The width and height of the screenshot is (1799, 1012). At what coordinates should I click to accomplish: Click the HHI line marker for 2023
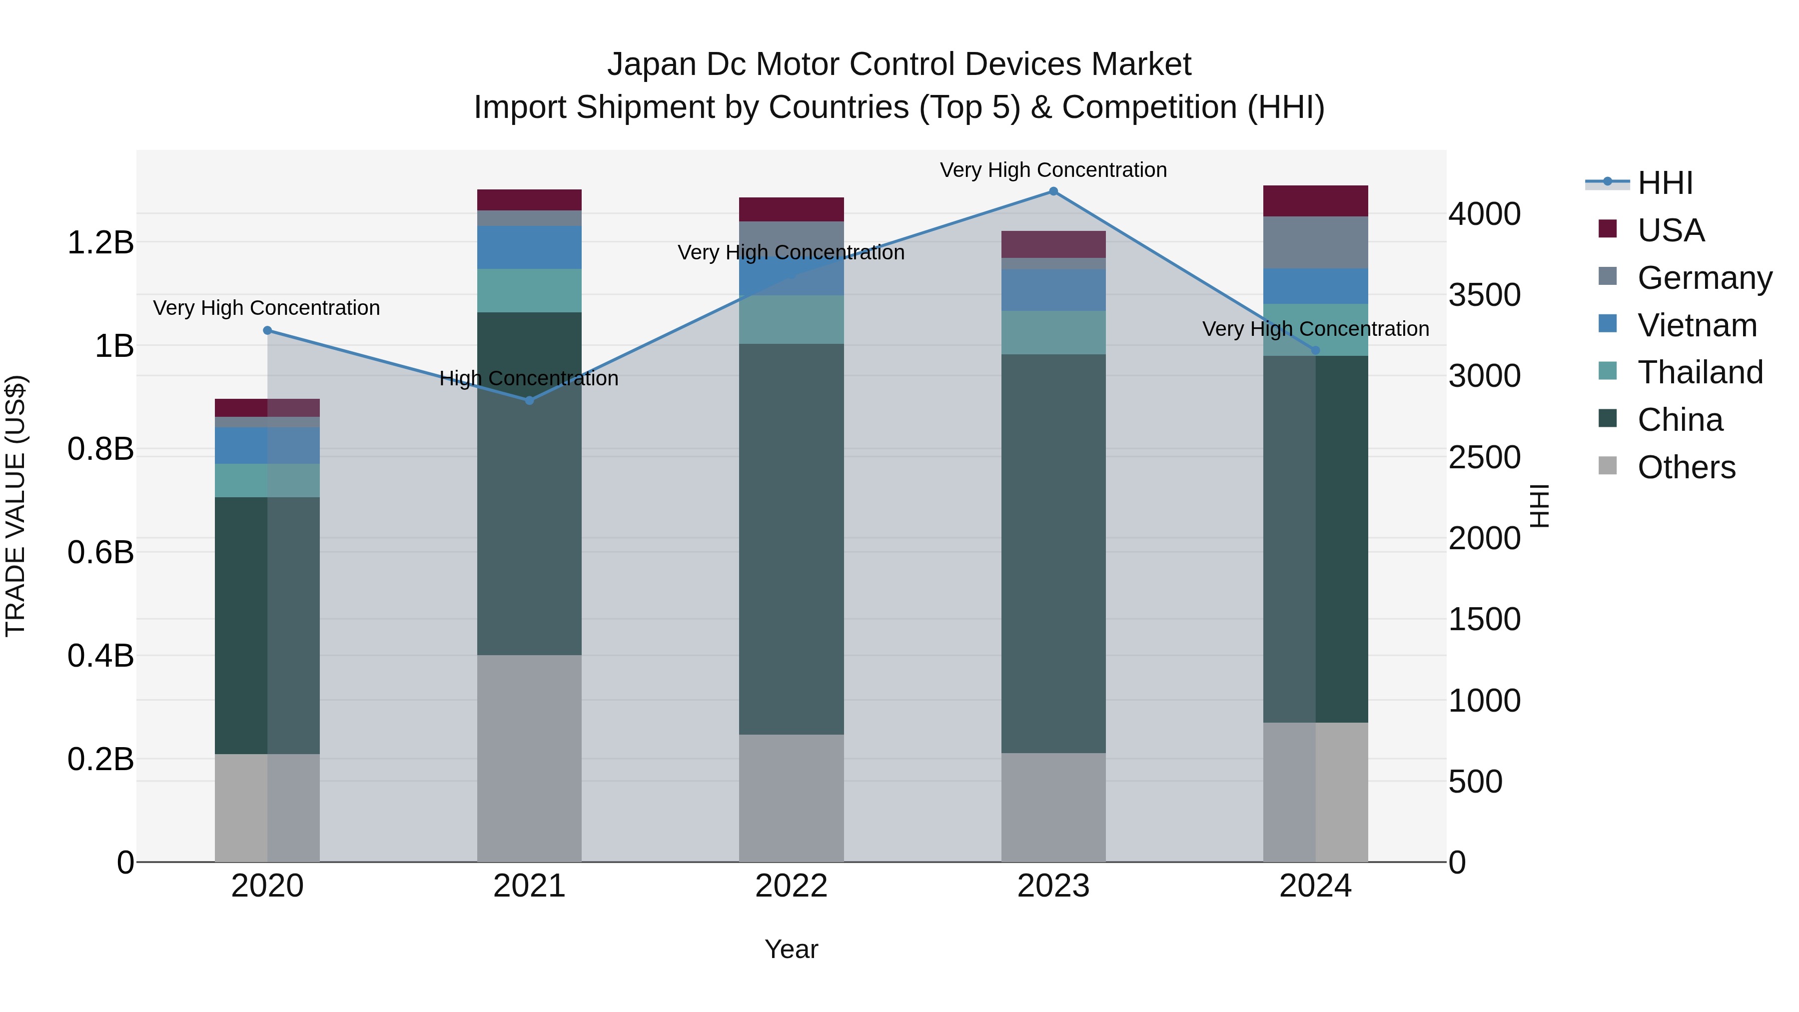point(1053,191)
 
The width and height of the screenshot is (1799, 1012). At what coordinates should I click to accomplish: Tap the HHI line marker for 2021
point(529,400)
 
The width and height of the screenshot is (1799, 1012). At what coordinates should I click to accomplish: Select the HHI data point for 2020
point(267,330)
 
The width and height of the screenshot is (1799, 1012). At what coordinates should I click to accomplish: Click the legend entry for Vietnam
point(1697,325)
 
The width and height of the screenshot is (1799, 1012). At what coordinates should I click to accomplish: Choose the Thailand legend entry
point(1700,372)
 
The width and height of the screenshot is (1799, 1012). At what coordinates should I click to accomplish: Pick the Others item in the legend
point(1686,467)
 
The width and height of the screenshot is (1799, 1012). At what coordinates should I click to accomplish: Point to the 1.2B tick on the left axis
point(100,243)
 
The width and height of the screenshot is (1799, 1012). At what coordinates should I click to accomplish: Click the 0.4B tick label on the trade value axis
point(100,656)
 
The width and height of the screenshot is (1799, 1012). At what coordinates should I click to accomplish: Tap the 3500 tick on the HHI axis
point(1484,295)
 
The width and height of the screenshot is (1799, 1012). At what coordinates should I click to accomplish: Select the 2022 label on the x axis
point(791,886)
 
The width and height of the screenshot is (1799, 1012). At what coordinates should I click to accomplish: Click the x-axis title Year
point(791,949)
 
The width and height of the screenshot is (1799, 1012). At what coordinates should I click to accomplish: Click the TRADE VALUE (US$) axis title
point(15,506)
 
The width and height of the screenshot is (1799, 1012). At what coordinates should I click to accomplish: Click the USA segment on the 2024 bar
point(1315,201)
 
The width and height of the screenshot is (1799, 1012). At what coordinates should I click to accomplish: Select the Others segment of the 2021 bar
point(529,758)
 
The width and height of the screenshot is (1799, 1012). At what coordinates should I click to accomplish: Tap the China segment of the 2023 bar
point(1053,553)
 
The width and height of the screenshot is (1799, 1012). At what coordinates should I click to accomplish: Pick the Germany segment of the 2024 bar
point(1315,242)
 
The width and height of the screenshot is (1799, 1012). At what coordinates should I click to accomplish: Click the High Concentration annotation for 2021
point(529,378)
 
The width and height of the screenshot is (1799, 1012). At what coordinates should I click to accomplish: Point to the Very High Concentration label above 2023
point(1053,170)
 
